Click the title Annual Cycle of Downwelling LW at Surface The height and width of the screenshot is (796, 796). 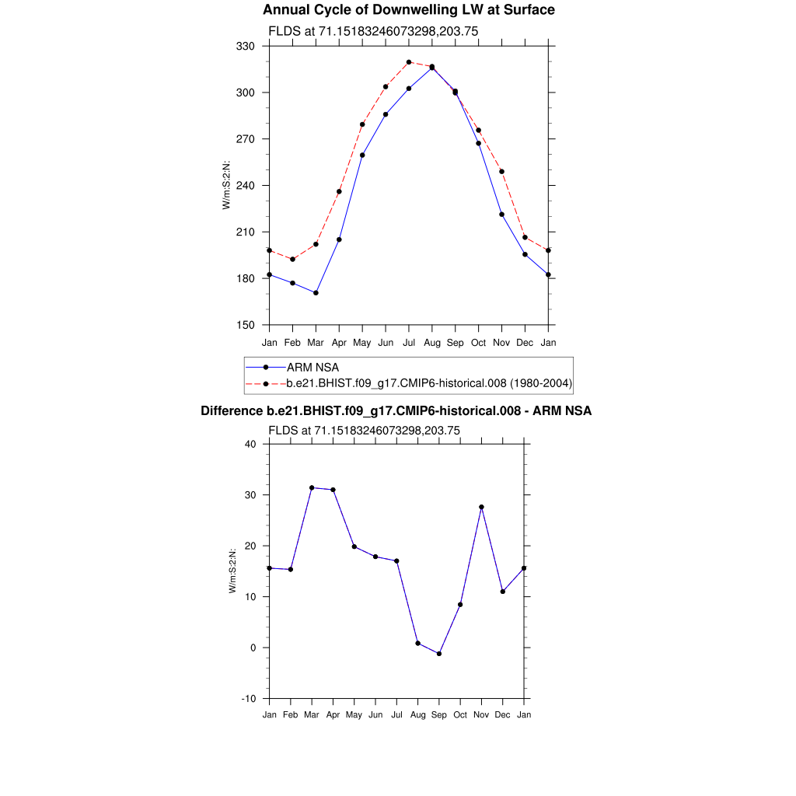click(x=408, y=10)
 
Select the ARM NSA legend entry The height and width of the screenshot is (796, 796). click(x=312, y=367)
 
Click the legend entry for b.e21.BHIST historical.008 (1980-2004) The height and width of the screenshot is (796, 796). click(x=429, y=382)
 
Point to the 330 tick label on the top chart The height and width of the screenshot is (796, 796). click(x=246, y=47)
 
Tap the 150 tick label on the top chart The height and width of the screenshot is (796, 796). click(x=246, y=325)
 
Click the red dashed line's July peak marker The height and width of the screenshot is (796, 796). click(x=409, y=62)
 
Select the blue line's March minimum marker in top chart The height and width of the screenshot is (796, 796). click(x=316, y=293)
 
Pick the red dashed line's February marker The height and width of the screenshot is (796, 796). click(x=292, y=259)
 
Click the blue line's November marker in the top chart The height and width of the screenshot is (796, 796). click(x=502, y=215)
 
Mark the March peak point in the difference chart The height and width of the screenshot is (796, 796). click(x=312, y=487)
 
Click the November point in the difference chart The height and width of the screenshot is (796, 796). click(x=482, y=507)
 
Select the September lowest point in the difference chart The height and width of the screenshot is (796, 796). click(x=439, y=654)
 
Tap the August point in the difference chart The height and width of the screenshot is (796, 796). click(x=418, y=643)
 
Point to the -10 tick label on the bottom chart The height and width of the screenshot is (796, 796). click(x=249, y=698)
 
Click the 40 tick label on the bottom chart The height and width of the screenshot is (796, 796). click(x=250, y=444)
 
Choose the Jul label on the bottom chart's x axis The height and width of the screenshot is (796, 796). click(x=396, y=715)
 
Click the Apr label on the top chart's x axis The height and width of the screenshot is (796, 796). click(x=339, y=343)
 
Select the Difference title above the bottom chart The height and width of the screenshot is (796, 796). click(x=396, y=410)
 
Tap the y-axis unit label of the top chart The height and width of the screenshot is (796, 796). click(x=226, y=185)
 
